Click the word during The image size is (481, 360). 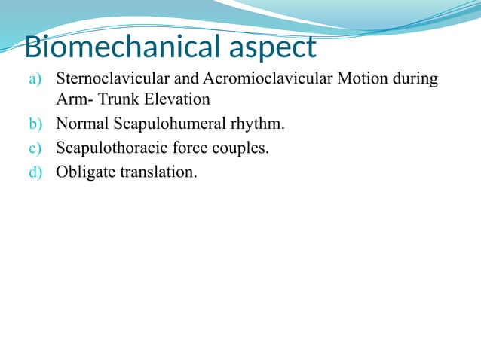(415, 79)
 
